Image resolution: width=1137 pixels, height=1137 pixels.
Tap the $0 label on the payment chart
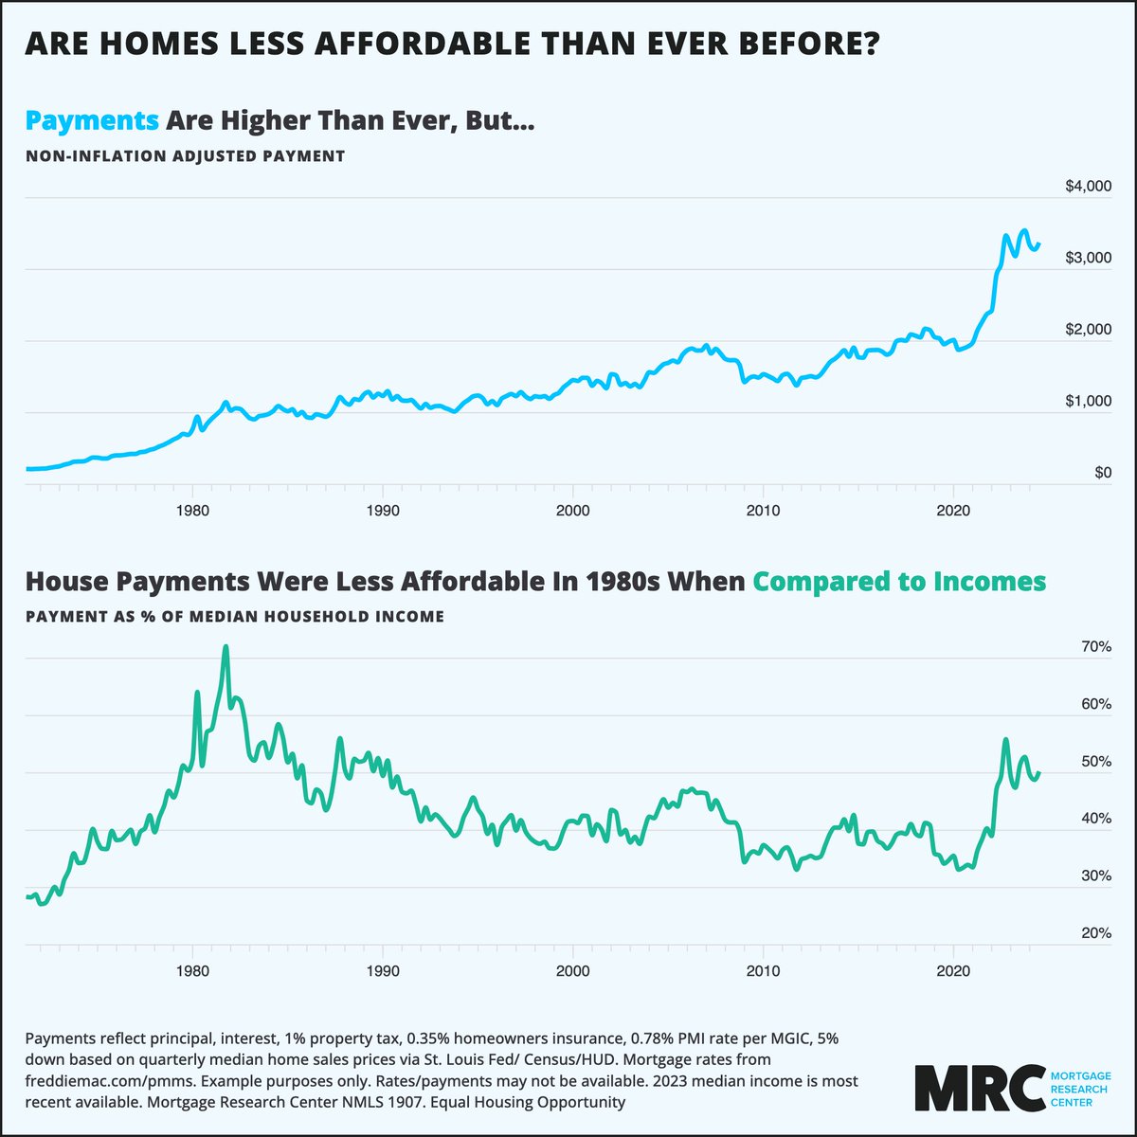(1102, 473)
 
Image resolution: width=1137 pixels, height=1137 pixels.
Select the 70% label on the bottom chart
(1095, 647)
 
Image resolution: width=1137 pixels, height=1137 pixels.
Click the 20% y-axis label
(1095, 933)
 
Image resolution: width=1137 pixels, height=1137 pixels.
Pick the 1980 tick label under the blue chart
(192, 510)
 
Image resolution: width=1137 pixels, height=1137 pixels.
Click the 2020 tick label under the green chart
(952, 971)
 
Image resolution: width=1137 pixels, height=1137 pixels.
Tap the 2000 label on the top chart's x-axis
(572, 510)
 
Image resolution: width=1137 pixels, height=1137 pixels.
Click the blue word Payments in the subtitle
(92, 121)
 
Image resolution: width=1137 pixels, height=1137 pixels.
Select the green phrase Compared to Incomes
(899, 581)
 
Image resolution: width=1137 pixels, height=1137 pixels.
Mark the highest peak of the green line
(226, 647)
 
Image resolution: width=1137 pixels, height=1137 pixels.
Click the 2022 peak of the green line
(1005, 739)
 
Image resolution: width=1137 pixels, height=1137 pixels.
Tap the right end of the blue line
(1039, 244)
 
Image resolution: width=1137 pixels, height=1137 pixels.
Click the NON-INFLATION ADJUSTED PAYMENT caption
(185, 155)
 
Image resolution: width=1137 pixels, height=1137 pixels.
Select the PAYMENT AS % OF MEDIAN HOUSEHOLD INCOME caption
(235, 616)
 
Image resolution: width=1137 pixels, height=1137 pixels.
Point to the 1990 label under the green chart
(382, 971)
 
